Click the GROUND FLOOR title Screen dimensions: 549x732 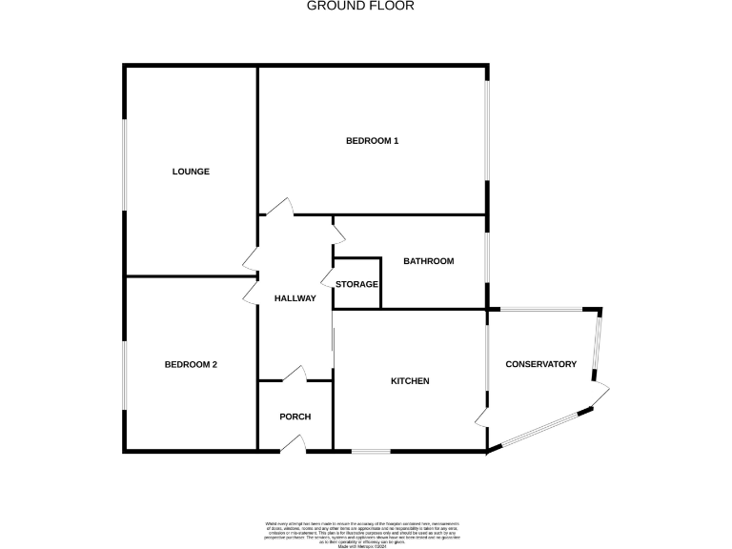point(360,6)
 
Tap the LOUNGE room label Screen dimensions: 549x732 point(191,172)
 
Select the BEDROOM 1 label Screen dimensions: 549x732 point(372,141)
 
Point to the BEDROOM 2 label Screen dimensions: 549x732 point(191,364)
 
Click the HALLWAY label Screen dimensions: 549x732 point(295,298)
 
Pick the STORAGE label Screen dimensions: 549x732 point(356,284)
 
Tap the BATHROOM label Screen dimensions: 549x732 point(428,261)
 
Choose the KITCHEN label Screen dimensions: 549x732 point(410,381)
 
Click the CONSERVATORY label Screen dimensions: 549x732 point(541,364)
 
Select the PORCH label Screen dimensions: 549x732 point(295,417)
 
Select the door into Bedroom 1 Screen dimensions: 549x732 point(279,209)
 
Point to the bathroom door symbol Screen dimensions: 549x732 point(337,232)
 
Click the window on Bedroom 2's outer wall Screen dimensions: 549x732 point(125,375)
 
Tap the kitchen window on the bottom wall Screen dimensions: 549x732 point(371,450)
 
